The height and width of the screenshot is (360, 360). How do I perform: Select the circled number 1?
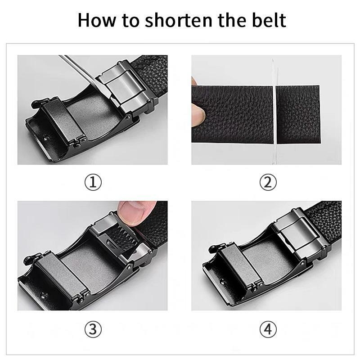pyautogui.click(x=93, y=182)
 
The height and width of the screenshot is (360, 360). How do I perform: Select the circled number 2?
pyautogui.click(x=267, y=182)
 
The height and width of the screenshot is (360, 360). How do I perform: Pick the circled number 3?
pyautogui.click(x=93, y=329)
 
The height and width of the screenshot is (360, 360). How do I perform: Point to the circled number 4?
pyautogui.click(x=267, y=329)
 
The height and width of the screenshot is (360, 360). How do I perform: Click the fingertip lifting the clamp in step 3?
pyautogui.click(x=133, y=210)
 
